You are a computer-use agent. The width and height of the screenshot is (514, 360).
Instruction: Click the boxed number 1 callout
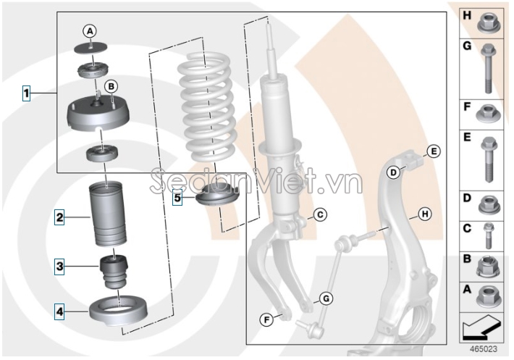tap(26, 93)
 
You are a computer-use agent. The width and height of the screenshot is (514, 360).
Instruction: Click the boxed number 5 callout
tap(178, 196)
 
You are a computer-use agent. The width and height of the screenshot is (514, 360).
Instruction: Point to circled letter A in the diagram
tap(89, 31)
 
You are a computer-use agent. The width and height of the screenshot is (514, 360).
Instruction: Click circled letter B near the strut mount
tap(111, 86)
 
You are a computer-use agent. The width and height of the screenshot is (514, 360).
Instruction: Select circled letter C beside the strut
tap(319, 214)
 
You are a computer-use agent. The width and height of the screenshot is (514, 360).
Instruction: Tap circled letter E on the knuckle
tap(433, 151)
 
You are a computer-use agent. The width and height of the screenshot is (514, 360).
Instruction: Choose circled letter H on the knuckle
tap(424, 214)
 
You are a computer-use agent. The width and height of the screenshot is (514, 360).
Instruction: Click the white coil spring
tap(207, 109)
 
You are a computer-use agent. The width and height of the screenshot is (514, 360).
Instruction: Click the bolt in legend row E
tap(486, 160)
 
